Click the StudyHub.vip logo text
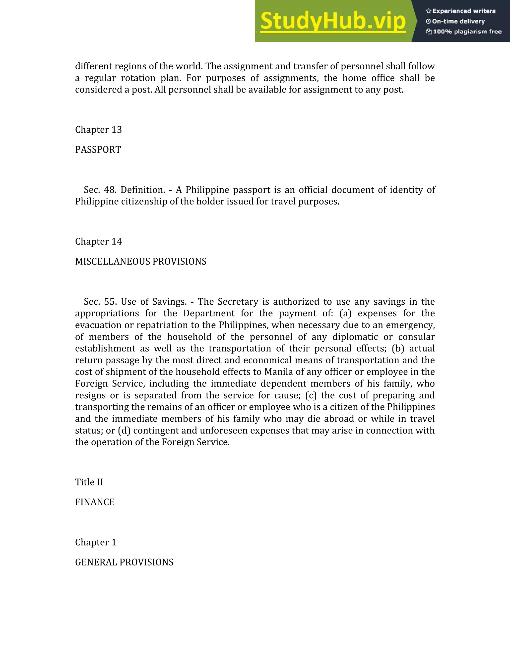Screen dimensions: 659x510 tap(333, 21)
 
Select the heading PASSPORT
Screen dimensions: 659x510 tap(98, 150)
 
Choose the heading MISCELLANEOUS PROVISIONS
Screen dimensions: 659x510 tap(140, 261)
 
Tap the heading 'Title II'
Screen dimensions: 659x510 tap(89, 482)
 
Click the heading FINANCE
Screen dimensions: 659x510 tap(95, 502)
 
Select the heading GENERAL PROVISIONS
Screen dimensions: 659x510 tap(124, 562)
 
